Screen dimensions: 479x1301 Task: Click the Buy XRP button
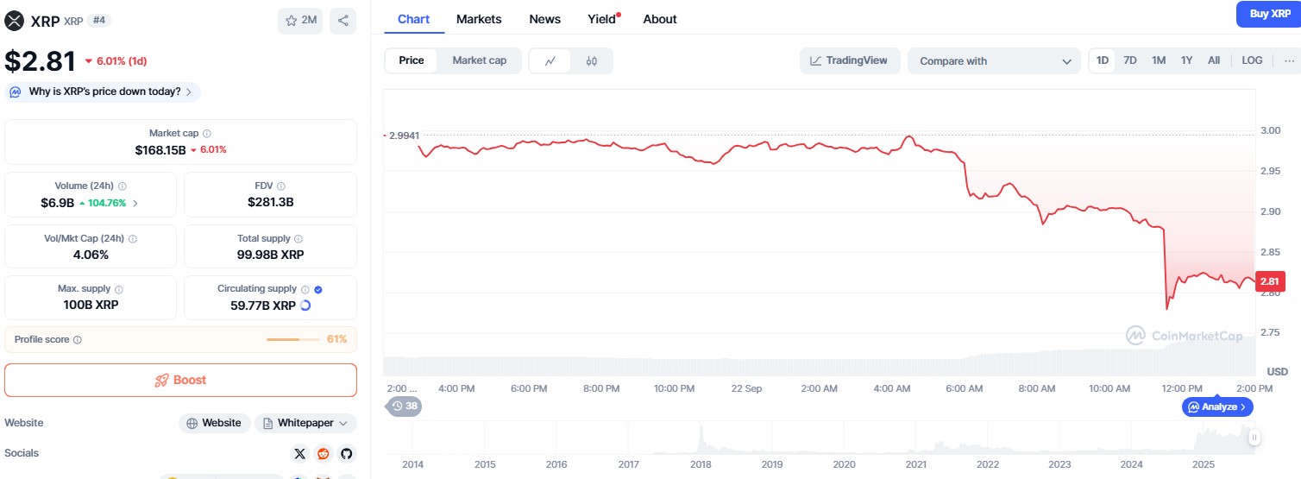(1270, 14)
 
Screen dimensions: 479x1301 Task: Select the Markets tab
(479, 19)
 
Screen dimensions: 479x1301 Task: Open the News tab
(544, 19)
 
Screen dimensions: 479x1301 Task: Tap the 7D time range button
(1129, 60)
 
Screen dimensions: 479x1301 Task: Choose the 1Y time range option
(1186, 60)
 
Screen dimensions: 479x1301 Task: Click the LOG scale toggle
(1252, 60)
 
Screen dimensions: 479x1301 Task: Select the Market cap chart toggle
(479, 60)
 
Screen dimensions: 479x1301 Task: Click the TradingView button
(850, 60)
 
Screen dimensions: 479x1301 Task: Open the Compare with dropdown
(993, 61)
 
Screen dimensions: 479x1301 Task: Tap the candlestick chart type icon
(591, 61)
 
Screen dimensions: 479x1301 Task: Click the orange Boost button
(180, 380)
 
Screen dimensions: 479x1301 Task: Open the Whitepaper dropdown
(305, 423)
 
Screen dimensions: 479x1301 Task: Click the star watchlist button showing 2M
(300, 21)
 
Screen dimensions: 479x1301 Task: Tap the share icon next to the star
(343, 21)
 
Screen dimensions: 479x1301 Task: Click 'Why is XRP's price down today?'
(103, 91)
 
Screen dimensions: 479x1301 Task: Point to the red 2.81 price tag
(1270, 281)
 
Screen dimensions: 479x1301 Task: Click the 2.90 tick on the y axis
(1270, 211)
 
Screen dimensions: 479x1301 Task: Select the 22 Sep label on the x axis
(746, 388)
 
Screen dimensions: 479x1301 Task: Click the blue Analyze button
(1217, 407)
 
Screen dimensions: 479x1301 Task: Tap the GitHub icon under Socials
(346, 453)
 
